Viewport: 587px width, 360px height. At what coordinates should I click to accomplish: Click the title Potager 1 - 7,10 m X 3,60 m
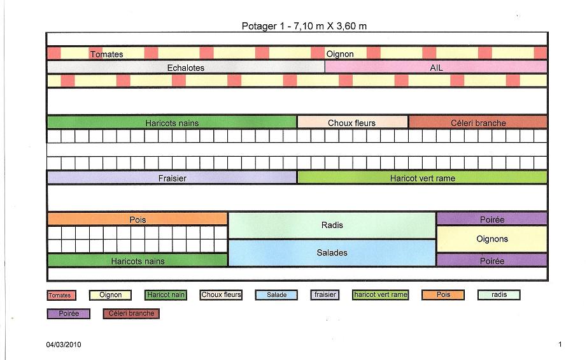tap(304, 26)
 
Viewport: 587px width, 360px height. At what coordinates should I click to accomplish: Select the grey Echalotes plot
tap(185, 67)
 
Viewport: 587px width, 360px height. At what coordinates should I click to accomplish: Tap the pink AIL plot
tap(436, 67)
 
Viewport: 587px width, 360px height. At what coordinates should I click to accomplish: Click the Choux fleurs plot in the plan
tap(352, 122)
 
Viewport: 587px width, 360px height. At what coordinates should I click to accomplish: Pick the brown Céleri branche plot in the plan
tap(477, 122)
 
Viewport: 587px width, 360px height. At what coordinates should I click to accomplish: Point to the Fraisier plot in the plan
tap(172, 178)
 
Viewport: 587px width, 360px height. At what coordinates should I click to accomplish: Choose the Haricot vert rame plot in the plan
tap(422, 178)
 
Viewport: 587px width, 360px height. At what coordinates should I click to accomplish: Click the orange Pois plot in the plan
tap(138, 219)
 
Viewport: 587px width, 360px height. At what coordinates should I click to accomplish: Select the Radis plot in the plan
tap(332, 225)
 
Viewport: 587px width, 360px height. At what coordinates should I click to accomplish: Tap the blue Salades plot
tap(332, 253)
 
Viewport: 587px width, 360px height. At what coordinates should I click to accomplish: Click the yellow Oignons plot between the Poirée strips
tap(492, 239)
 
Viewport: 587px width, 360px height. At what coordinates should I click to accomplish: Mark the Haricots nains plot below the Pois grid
tap(138, 261)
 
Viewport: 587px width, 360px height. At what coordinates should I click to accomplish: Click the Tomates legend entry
tap(61, 295)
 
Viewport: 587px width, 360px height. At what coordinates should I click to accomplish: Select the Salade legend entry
tap(276, 295)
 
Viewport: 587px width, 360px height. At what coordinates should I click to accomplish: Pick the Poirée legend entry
tap(68, 313)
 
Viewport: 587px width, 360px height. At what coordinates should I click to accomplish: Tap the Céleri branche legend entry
tap(132, 313)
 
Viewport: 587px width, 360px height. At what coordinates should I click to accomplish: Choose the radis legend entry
tap(499, 295)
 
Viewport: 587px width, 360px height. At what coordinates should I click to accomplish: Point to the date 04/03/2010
tap(64, 345)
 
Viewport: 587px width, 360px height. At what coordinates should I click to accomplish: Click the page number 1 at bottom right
tap(560, 345)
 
